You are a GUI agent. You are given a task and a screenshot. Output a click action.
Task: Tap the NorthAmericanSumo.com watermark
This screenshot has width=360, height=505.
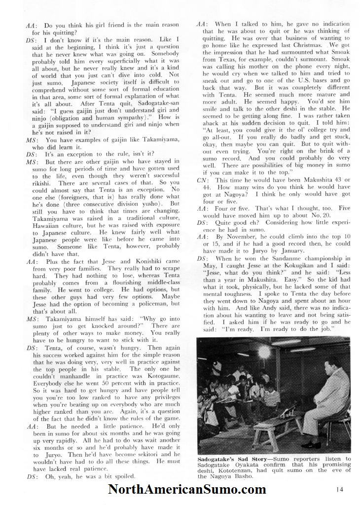pos(187,490)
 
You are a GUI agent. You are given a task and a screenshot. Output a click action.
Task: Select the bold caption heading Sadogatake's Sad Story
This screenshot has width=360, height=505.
pos(231,459)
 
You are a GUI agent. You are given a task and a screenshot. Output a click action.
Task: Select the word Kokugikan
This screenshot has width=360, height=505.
pos(288,265)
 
